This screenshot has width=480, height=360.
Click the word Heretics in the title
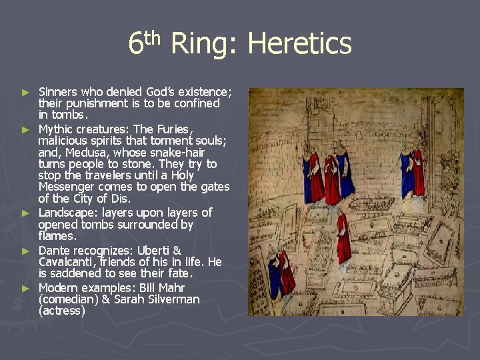299,44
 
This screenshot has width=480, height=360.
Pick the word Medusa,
80,152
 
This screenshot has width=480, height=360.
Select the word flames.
58,236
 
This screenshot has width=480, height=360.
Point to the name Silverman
169,299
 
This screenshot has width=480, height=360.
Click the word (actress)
62,311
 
